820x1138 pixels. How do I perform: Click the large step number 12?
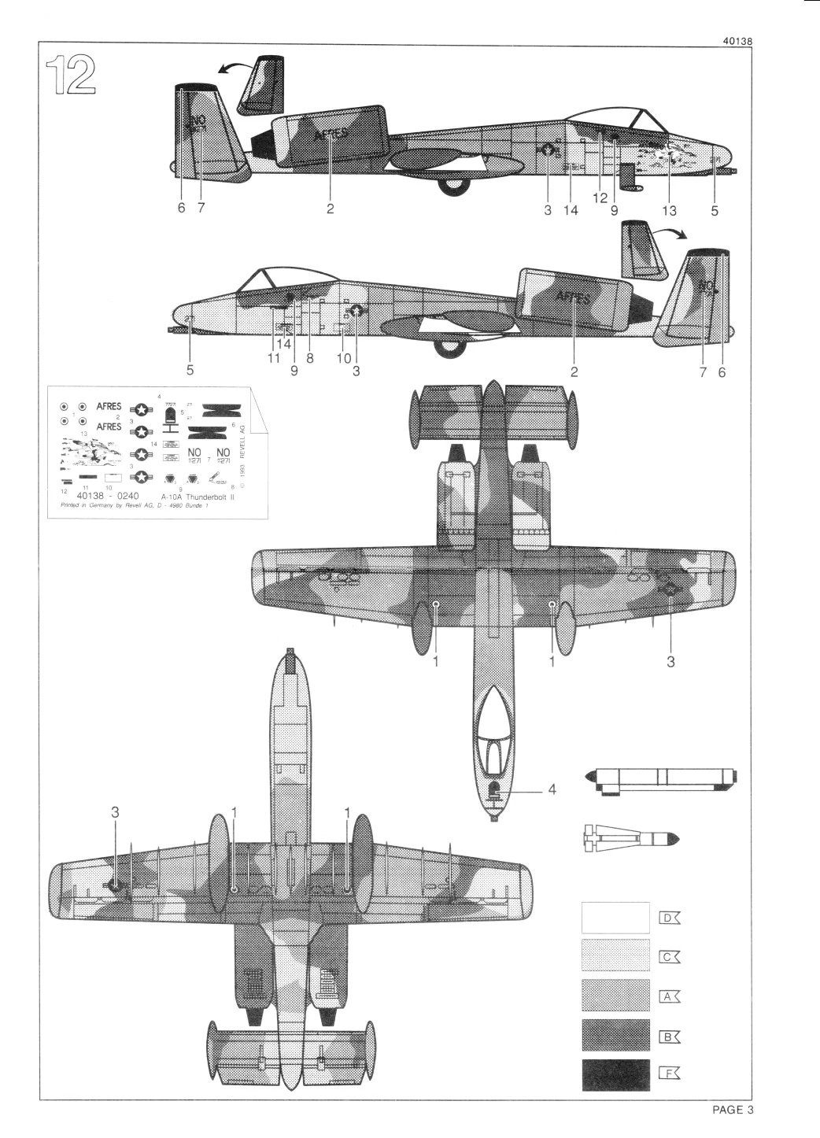coord(71,75)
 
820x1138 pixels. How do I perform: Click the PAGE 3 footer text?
coord(733,1110)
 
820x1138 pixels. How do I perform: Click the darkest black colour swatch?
coord(615,1075)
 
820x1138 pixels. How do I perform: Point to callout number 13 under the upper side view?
coord(670,210)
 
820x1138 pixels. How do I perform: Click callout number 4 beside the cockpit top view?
coord(552,789)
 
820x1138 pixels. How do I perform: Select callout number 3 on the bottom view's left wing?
coord(115,812)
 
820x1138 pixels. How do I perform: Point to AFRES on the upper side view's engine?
coord(331,135)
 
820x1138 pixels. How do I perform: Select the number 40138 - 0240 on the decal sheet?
coord(109,497)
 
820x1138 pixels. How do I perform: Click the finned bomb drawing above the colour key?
coord(630,839)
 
